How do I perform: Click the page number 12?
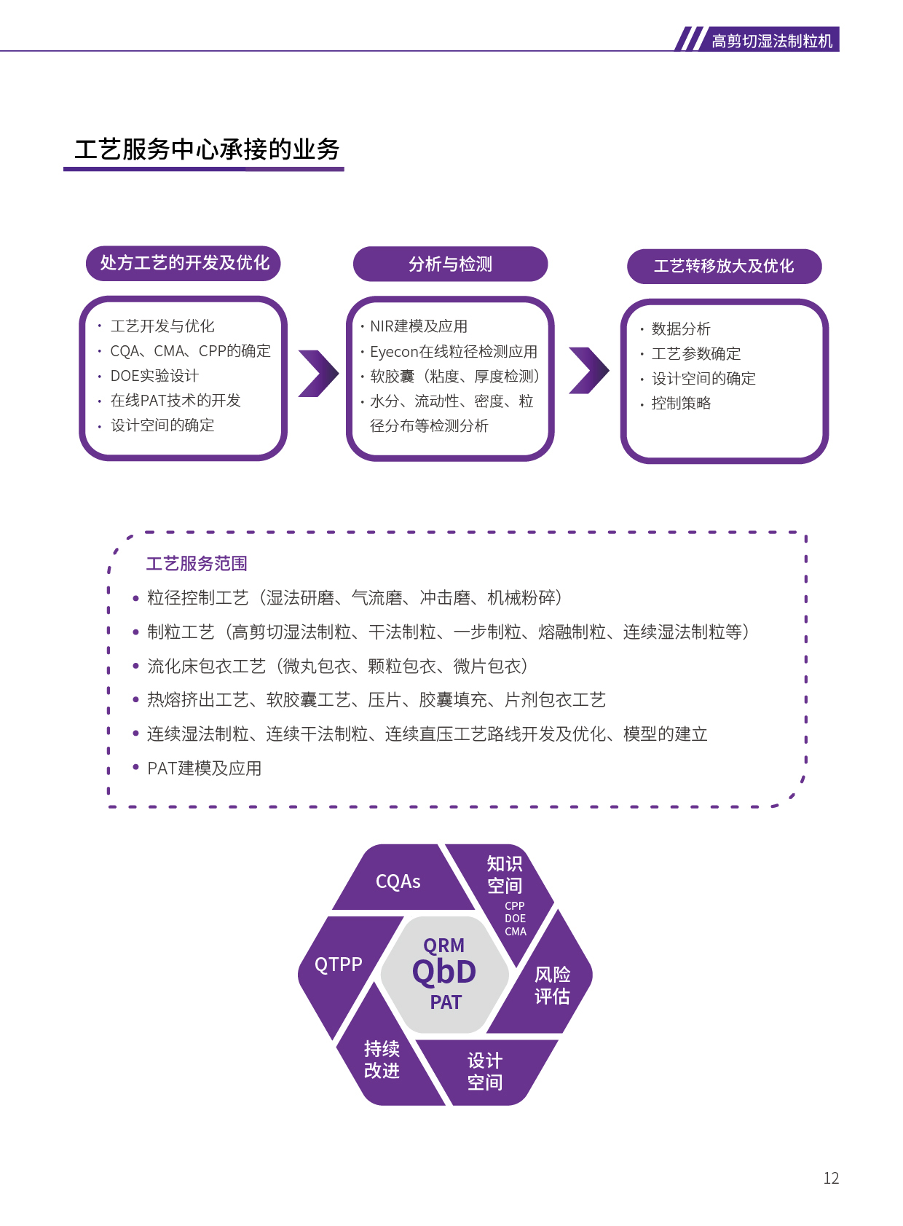831,1178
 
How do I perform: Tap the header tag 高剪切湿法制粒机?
771,41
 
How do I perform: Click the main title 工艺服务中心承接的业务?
207,149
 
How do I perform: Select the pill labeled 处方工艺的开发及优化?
184,263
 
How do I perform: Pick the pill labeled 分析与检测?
450,264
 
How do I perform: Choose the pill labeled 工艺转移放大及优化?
724,266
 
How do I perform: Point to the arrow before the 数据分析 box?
588,370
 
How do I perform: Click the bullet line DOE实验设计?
154,376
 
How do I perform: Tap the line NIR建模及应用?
419,326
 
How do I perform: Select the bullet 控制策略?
681,404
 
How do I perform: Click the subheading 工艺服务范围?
197,564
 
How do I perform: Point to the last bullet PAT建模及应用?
204,769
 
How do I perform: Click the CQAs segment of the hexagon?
398,881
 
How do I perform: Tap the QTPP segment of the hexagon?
338,965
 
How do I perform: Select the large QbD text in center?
444,972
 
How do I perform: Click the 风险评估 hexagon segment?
552,986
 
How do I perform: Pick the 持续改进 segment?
382,1059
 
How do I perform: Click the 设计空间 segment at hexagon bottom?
485,1071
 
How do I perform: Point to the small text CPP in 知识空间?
515,906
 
